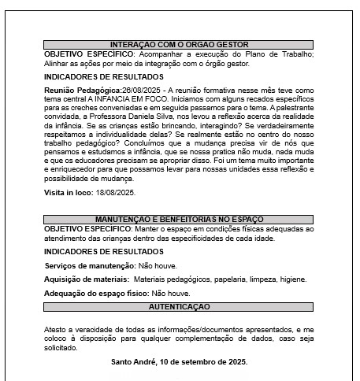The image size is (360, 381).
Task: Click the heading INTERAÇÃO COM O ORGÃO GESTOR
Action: [x=180, y=46]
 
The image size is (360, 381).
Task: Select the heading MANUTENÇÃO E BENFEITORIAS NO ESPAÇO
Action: [x=180, y=220]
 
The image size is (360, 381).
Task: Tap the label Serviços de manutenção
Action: [x=89, y=266]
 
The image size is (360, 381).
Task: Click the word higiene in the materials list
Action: [x=291, y=279]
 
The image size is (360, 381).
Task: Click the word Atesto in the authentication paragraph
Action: [x=55, y=327]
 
